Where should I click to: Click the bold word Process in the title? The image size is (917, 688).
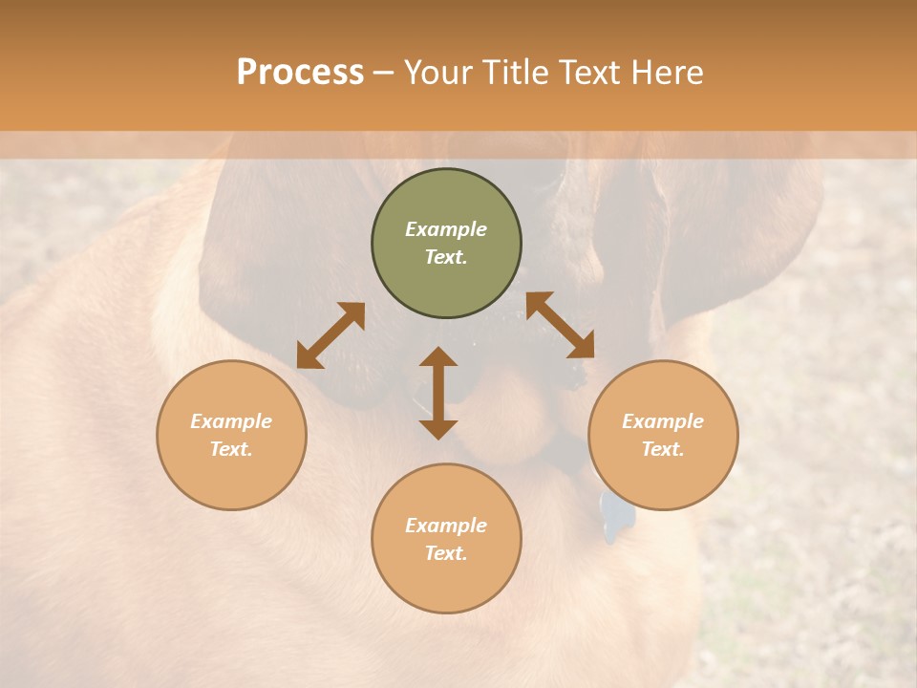click(300, 73)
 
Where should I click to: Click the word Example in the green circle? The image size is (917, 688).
click(446, 229)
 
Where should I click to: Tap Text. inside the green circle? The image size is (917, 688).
click(446, 257)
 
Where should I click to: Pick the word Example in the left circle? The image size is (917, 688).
click(231, 421)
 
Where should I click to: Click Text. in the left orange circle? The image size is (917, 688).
click(231, 449)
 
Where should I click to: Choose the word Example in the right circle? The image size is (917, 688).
click(663, 421)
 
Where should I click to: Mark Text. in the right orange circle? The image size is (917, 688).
click(663, 449)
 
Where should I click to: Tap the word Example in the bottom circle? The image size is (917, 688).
click(446, 526)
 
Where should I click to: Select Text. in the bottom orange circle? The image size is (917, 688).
click(446, 553)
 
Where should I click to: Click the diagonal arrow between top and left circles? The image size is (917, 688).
click(331, 335)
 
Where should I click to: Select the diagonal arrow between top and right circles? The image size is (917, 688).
click(561, 325)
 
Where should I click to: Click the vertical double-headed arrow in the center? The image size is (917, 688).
click(438, 393)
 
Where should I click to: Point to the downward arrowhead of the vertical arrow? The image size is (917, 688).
click(438, 429)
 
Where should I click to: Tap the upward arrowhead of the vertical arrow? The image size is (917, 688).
click(438, 357)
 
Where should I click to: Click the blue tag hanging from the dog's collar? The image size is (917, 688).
click(617, 515)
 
